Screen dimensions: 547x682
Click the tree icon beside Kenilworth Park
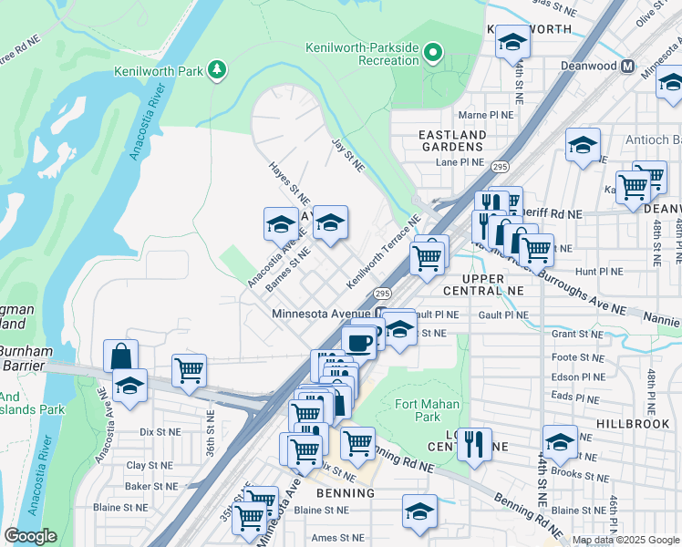point(217,70)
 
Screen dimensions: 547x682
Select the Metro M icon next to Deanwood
point(626,66)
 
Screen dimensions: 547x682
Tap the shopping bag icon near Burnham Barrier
point(120,356)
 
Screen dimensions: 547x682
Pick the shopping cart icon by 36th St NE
point(189,370)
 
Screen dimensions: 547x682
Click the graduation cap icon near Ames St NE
point(419,511)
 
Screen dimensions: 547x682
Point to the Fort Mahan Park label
point(428,410)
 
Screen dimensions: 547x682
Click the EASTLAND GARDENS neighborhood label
point(450,140)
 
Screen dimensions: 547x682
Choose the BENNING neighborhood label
point(346,493)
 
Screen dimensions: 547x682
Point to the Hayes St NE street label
point(289,182)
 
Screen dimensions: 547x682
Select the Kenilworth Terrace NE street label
point(382,253)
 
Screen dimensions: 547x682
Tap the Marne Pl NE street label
point(484,116)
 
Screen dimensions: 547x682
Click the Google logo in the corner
point(30,536)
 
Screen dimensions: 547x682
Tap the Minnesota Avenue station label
point(325,314)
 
